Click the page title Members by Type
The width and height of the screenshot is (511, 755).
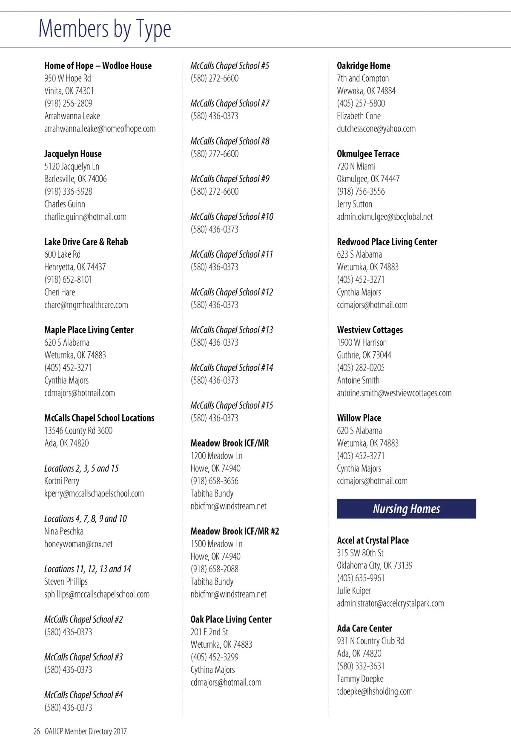coord(105,29)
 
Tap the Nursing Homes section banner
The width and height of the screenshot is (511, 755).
coord(406,508)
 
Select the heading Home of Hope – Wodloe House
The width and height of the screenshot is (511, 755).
coord(98,66)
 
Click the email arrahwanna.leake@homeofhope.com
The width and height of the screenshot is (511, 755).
coord(100,129)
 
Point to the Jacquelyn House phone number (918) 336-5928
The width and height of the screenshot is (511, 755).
coord(68,192)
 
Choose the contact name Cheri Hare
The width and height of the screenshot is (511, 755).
coord(60,292)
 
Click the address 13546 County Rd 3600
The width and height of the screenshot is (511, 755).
coord(78,431)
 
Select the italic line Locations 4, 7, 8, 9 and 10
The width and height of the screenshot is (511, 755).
coord(86,519)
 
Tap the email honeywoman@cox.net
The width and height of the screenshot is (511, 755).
coord(78,544)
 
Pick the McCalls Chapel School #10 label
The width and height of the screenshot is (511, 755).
coord(232,217)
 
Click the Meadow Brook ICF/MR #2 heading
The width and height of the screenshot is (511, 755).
coord(235,531)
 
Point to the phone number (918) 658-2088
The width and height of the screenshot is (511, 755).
coord(214,569)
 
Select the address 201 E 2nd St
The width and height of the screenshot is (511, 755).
coord(209,632)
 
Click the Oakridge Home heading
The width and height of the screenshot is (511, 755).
coord(363,66)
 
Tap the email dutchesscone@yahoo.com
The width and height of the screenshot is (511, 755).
coord(376,129)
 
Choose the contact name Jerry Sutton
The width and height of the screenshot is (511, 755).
coord(354,204)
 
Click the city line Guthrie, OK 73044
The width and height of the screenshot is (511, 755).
coord(364,355)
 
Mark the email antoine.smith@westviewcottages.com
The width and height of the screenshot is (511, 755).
coord(394,393)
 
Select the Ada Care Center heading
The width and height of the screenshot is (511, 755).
coord(364,628)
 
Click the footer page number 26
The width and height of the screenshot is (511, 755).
coord(37,731)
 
